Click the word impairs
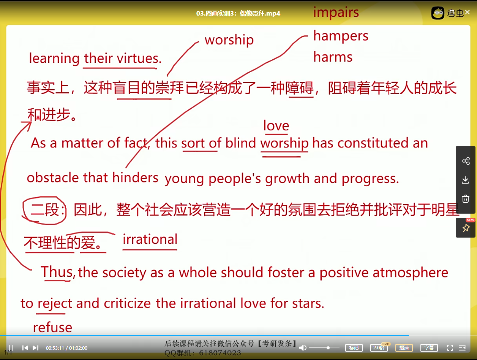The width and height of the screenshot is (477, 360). tap(336, 13)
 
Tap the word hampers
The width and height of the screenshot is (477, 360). tap(341, 36)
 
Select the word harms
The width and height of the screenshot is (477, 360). tap(333, 57)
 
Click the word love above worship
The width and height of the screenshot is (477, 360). tap(276, 126)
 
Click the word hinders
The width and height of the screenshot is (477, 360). tap(135, 178)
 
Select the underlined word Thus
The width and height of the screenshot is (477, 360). tap(57, 272)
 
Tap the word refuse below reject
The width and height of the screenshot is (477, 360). tap(52, 327)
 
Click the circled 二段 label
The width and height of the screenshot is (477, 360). tap(45, 209)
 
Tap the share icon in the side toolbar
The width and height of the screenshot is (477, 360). tap(466, 161)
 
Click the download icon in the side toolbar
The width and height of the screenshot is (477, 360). tap(466, 180)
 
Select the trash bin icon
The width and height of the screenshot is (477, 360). tap(466, 198)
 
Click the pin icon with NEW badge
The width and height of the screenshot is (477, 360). tap(466, 228)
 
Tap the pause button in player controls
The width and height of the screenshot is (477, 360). tap(11, 347)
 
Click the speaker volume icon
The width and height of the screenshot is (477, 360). tap(303, 347)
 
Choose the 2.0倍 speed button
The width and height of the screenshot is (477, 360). tap(379, 347)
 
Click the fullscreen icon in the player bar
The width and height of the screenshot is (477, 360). tap(450, 347)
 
